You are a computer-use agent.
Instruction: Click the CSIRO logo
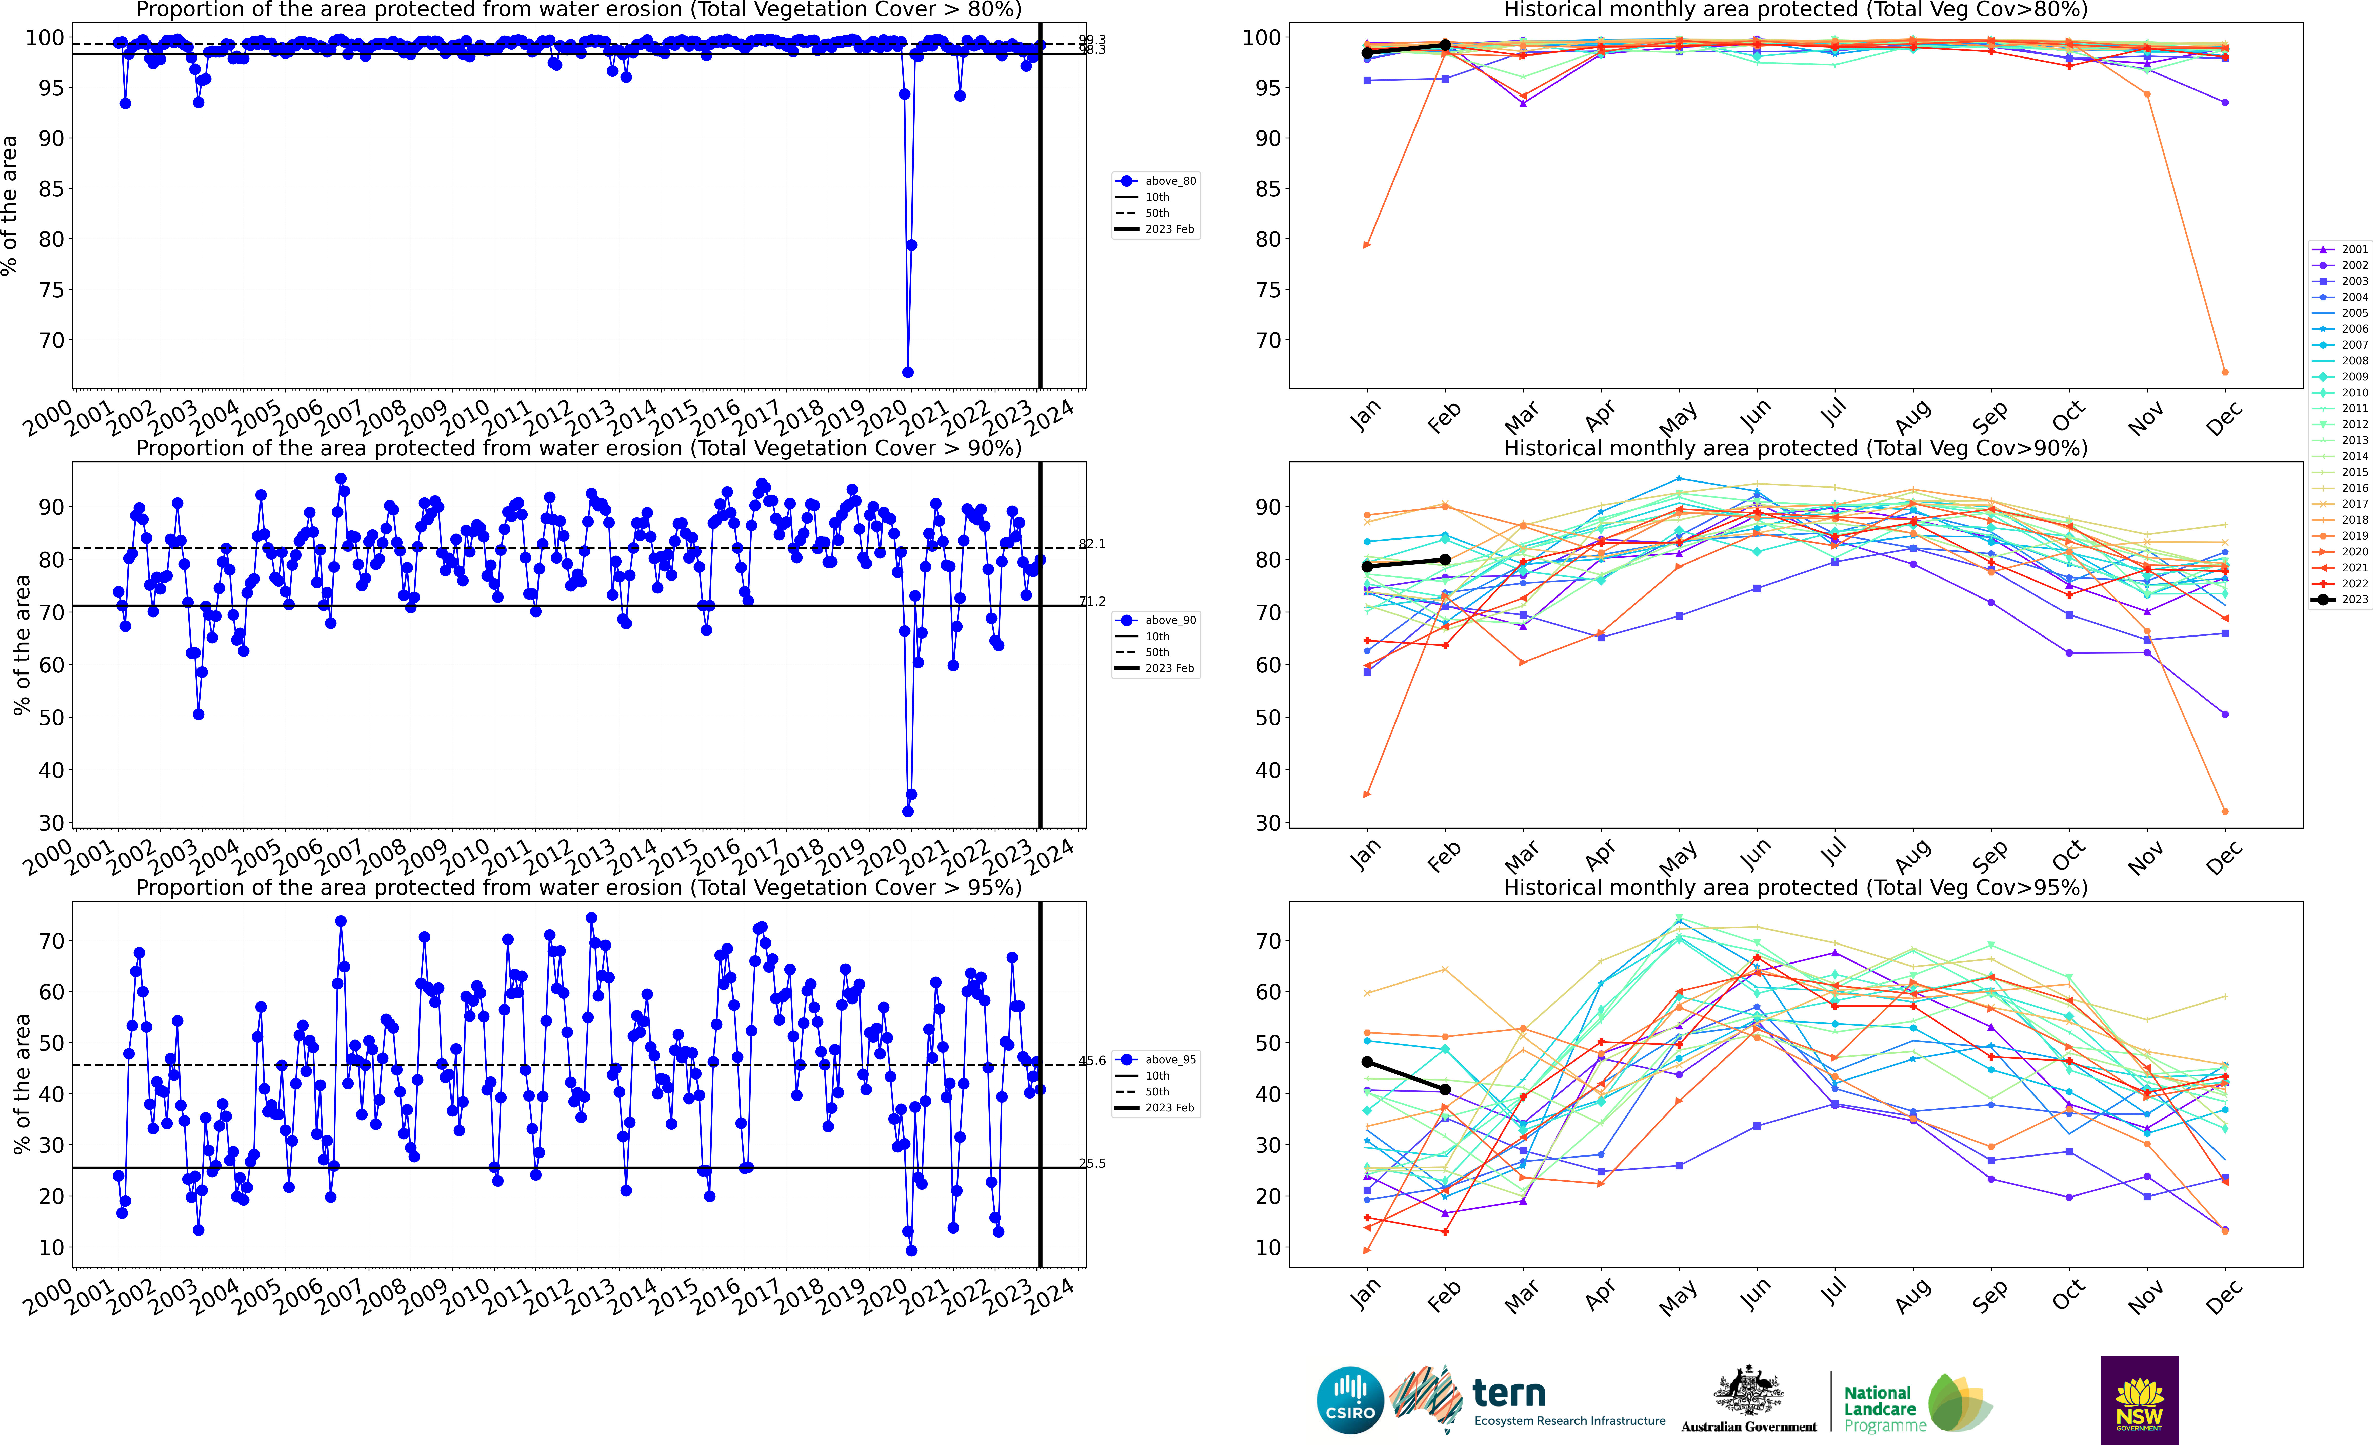pos(1350,1400)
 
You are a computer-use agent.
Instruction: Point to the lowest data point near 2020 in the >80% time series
pos(907,372)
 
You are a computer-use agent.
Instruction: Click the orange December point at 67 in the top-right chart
pos(2225,372)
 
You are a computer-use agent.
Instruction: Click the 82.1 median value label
pos(1092,544)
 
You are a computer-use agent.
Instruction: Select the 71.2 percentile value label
pos(1092,601)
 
